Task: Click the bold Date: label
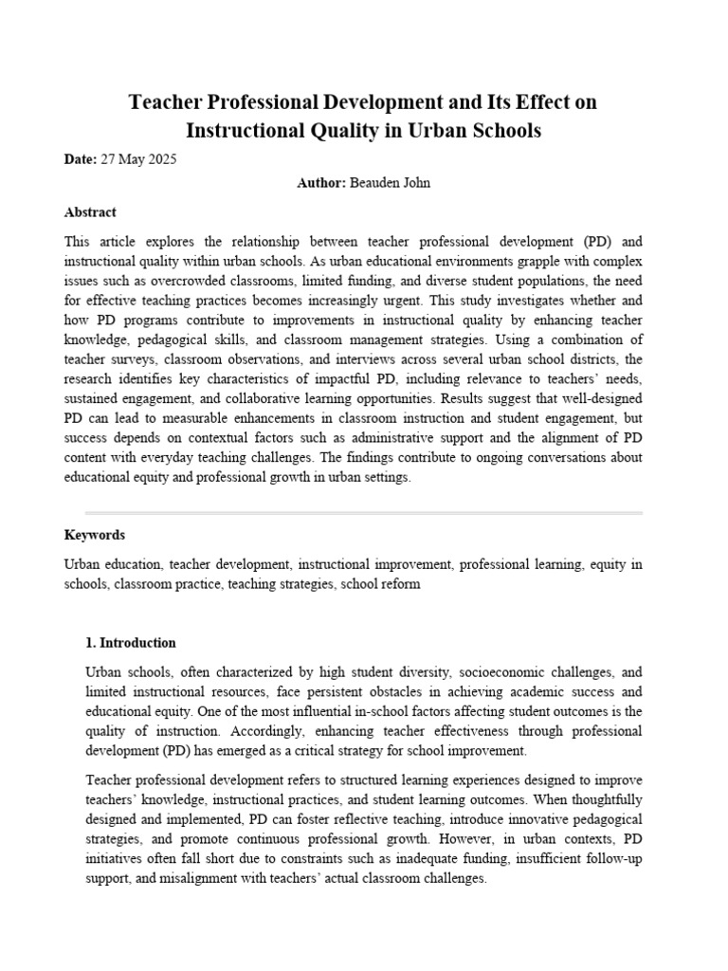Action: click(81, 160)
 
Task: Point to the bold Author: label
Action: click(322, 183)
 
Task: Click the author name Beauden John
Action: click(391, 183)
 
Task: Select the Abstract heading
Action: click(90, 212)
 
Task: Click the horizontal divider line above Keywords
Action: click(364, 513)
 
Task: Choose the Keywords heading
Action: click(95, 535)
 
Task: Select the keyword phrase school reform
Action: click(380, 585)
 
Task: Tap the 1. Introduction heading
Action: click(131, 643)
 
